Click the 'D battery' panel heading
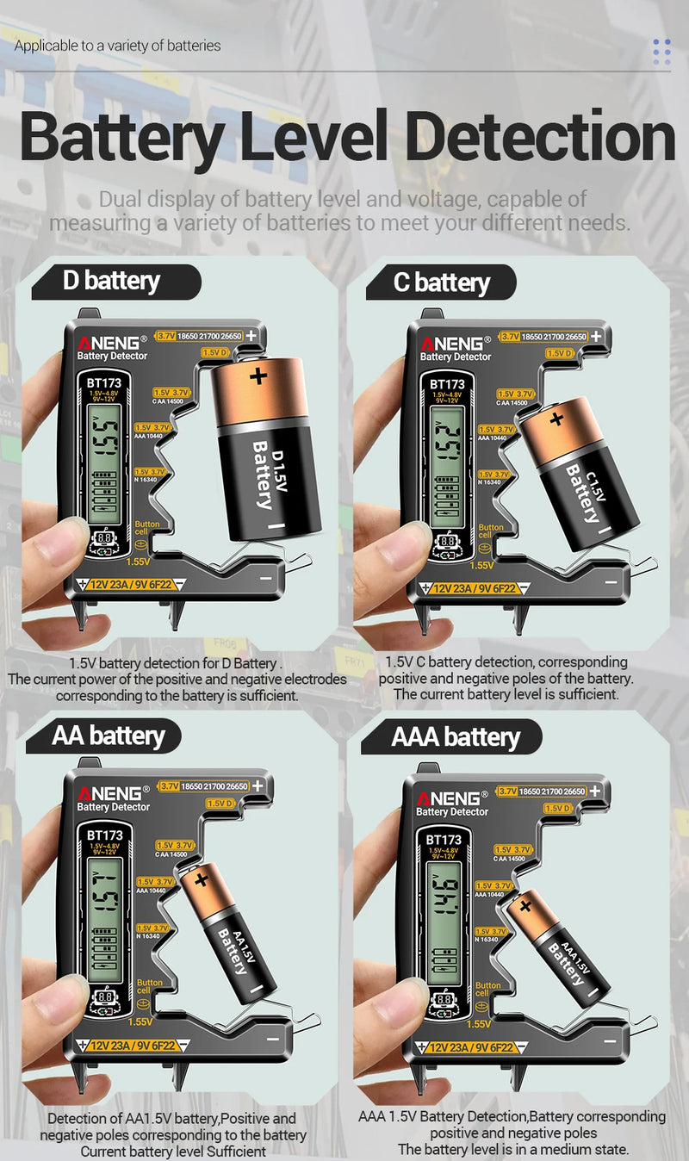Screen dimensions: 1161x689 pyautogui.click(x=111, y=281)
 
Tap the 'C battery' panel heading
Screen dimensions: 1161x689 pyautogui.click(x=441, y=282)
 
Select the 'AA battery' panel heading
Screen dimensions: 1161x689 pyautogui.click(x=108, y=736)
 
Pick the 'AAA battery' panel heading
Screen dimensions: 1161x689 pyautogui.click(x=456, y=737)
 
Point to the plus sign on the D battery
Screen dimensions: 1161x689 pyautogui.click(x=258, y=376)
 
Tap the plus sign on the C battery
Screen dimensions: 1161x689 pyautogui.click(x=557, y=419)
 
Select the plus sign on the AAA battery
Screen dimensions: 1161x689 pyautogui.click(x=525, y=905)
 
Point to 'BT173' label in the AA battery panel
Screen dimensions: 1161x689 pyautogui.click(x=104, y=835)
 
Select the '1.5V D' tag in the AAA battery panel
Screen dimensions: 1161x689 pyautogui.click(x=558, y=808)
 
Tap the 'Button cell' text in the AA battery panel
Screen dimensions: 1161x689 pyautogui.click(x=149, y=987)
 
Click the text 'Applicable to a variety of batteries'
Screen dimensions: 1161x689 pyautogui.click(x=117, y=45)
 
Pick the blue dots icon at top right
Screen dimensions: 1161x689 pyautogui.click(x=661, y=52)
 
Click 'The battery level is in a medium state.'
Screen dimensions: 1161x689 pyautogui.click(x=513, y=1149)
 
